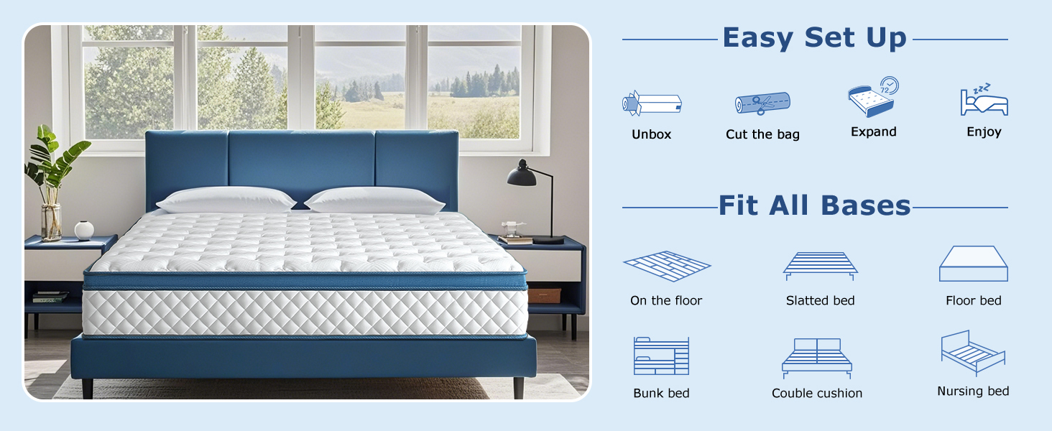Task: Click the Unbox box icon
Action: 652,103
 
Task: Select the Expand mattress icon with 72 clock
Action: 873,97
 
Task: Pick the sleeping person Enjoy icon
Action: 984,99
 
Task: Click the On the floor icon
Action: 667,267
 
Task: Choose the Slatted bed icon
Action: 820,267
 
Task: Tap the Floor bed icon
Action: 974,264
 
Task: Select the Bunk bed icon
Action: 661,356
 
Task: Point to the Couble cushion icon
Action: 817,358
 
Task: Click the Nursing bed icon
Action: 973,353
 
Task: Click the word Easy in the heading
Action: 758,38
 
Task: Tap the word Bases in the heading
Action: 866,205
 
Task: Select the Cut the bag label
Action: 762,134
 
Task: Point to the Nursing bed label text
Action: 973,391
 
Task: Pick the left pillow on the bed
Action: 226,200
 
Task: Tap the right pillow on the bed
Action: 375,200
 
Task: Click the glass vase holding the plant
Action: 51,222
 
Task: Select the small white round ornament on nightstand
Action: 84,231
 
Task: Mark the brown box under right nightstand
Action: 544,296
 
